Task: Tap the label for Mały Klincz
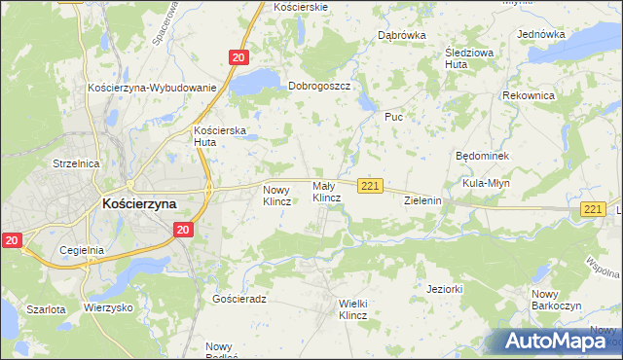tap(326, 192)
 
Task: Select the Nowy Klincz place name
tap(277, 195)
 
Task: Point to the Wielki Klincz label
tap(352, 309)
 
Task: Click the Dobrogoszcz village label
tap(318, 86)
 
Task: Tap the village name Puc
tap(393, 117)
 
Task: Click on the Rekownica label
tap(529, 95)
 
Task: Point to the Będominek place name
tap(483, 156)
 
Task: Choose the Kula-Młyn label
tap(487, 183)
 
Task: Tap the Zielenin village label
tap(423, 200)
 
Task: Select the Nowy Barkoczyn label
tap(556, 300)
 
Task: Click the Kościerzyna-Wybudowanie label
tap(151, 88)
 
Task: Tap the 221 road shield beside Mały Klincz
tap(369, 186)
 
